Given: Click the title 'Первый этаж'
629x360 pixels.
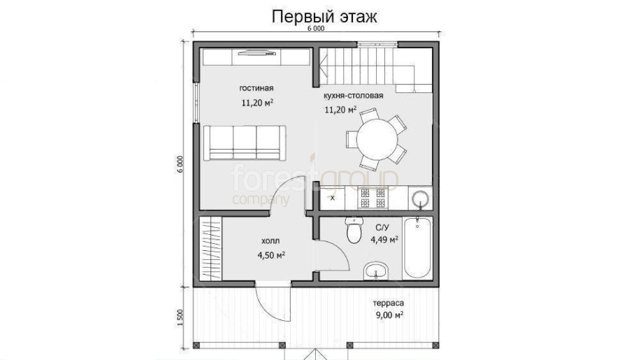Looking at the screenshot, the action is click(x=324, y=17).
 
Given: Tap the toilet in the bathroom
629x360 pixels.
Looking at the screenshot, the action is click(x=354, y=231).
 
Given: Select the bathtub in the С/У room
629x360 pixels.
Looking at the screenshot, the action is click(x=417, y=248).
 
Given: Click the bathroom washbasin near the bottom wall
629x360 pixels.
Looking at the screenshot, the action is click(x=375, y=271).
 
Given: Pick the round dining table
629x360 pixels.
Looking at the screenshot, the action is click(x=377, y=139).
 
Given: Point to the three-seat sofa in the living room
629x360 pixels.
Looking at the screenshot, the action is click(x=245, y=143).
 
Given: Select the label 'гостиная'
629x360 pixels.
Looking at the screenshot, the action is click(x=256, y=88).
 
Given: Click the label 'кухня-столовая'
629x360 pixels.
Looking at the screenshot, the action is click(x=354, y=96).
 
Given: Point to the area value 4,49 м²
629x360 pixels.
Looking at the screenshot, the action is click(x=384, y=240).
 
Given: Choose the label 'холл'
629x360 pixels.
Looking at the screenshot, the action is click(x=270, y=240).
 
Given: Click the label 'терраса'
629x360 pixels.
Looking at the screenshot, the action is click(x=389, y=303).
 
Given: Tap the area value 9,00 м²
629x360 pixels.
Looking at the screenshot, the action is click(x=389, y=315).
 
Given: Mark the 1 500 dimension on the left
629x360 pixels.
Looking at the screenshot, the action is click(x=180, y=317).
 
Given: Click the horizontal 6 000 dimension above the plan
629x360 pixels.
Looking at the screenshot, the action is click(x=316, y=29).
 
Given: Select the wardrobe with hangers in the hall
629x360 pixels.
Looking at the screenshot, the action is click(x=210, y=248).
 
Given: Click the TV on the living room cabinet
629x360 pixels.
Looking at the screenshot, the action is click(x=256, y=52).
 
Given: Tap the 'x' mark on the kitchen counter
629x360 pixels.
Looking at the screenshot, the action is click(x=333, y=198).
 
